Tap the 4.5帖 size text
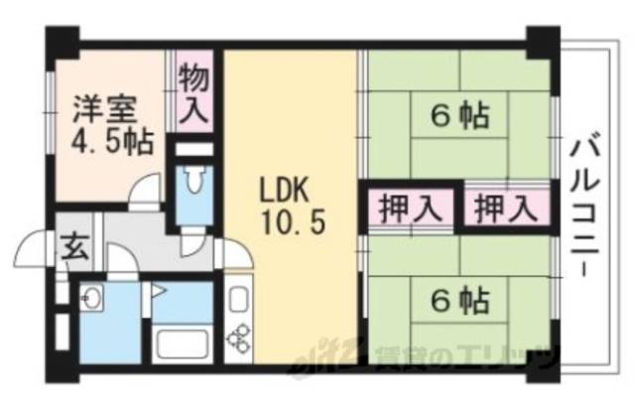click(111, 140)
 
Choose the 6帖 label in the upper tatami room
click(458, 116)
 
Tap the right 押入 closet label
click(504, 208)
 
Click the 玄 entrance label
click(73, 244)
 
